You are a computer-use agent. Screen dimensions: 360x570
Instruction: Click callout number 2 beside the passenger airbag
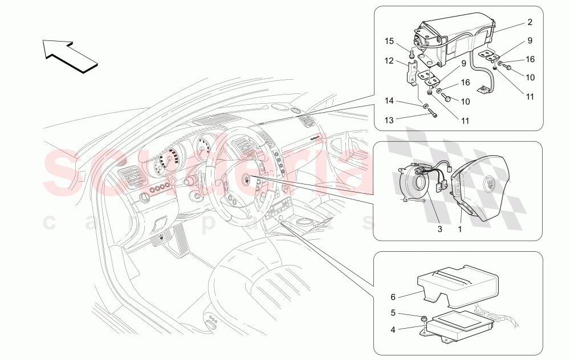(530, 22)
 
